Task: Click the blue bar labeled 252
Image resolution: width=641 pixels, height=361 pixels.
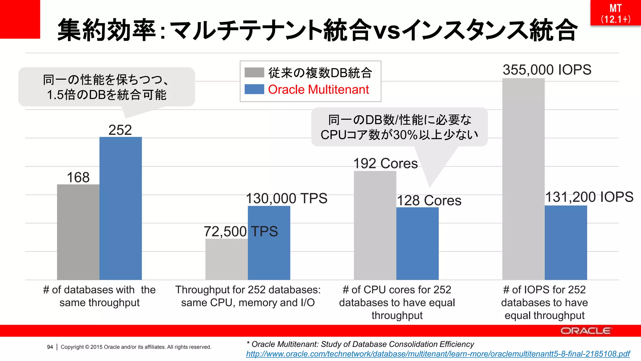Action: pos(121,208)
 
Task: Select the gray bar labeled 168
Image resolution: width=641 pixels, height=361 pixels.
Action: pos(78,232)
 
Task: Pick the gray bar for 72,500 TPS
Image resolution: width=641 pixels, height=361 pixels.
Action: pos(226,259)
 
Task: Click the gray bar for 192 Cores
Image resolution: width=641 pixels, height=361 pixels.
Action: pos(375,226)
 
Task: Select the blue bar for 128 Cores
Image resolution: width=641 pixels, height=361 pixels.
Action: pos(417,244)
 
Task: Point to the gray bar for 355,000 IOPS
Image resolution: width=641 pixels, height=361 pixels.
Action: pos(523,179)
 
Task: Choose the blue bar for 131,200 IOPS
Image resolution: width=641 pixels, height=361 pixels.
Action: pos(566,243)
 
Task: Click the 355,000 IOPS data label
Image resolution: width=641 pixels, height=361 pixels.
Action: pos(547,70)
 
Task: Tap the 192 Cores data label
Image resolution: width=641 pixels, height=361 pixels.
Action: pos(385,164)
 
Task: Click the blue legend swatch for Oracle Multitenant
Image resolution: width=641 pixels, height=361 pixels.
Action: pos(254,89)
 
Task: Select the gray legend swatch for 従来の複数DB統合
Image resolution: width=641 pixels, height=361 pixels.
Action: pos(254,72)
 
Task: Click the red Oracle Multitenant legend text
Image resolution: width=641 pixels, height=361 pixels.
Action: pos(318,90)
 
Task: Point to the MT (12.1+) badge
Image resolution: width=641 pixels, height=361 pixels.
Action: pos(615,13)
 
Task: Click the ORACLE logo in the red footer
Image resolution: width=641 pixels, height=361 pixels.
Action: pos(586,331)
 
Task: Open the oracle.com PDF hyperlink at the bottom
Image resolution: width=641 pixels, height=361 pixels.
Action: pos(438,354)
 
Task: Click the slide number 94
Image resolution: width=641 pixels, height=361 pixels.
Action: pos(50,347)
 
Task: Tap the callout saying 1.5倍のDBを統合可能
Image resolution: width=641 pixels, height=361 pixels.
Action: pos(106,87)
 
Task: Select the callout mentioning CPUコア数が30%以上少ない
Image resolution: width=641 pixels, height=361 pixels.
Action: pos(399,127)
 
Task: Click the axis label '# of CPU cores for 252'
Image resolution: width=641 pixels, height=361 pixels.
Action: pos(397,290)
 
